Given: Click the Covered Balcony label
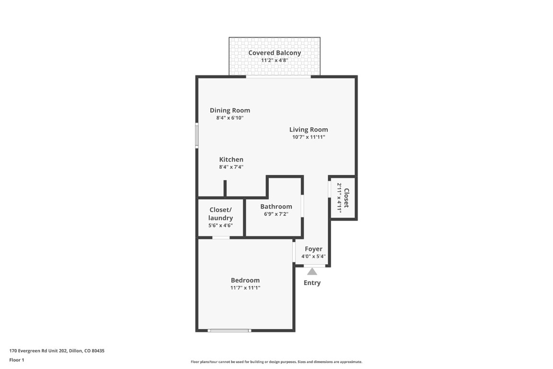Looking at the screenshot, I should pyautogui.click(x=275, y=53).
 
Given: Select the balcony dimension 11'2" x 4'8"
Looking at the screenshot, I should pyautogui.click(x=275, y=61).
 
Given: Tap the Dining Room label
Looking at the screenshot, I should pyautogui.click(x=230, y=110).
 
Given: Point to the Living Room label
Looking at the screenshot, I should pyautogui.click(x=309, y=129).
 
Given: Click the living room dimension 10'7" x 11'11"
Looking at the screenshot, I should pyautogui.click(x=309, y=137).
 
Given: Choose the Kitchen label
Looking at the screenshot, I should pyautogui.click(x=231, y=160).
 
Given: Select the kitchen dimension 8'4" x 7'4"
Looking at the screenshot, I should pyautogui.click(x=231, y=167).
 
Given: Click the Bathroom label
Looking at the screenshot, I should pyautogui.click(x=276, y=207).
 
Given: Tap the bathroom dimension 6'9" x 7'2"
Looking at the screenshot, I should pyautogui.click(x=276, y=214).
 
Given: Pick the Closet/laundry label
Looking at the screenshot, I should pyautogui.click(x=220, y=214).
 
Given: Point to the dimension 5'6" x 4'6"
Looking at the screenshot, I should pyautogui.click(x=220, y=225).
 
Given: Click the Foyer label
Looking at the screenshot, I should pyautogui.click(x=313, y=249).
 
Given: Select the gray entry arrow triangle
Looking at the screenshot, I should pyautogui.click(x=312, y=271).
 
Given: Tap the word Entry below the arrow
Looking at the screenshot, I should pyautogui.click(x=312, y=283).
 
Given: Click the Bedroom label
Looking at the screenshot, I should pyautogui.click(x=245, y=280).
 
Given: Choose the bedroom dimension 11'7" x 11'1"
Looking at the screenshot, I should pyautogui.click(x=245, y=288).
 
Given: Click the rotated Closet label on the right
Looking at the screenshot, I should pyautogui.click(x=346, y=197).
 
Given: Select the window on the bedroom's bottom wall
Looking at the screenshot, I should pyautogui.click(x=229, y=330).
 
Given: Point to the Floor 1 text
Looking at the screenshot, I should pyautogui.click(x=16, y=360).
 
